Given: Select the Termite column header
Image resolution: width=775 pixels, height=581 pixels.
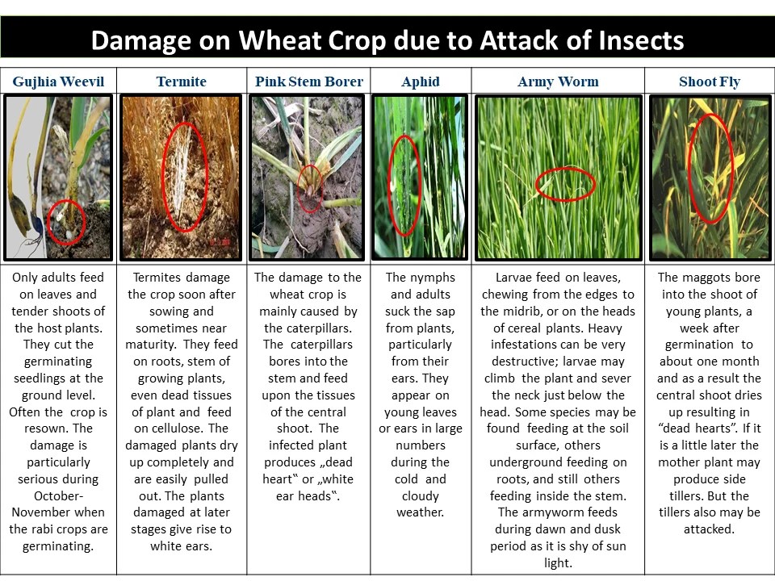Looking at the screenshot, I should tap(182, 82).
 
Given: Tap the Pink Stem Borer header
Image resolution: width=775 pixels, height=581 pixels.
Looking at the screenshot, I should tap(309, 82).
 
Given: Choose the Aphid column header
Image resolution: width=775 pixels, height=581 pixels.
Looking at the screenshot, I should tap(421, 82).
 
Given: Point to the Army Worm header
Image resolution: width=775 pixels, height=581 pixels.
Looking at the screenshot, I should tap(558, 82).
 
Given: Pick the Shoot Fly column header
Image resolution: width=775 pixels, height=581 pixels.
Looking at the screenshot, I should tap(710, 82).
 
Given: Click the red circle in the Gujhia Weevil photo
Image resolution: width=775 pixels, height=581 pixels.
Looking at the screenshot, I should tap(66, 224).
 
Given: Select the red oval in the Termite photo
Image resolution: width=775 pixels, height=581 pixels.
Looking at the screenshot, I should tap(185, 177).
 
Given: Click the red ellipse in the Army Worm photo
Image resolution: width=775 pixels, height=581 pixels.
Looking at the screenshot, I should tap(565, 184).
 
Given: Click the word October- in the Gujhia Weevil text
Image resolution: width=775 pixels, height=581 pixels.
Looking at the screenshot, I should tap(58, 495).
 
